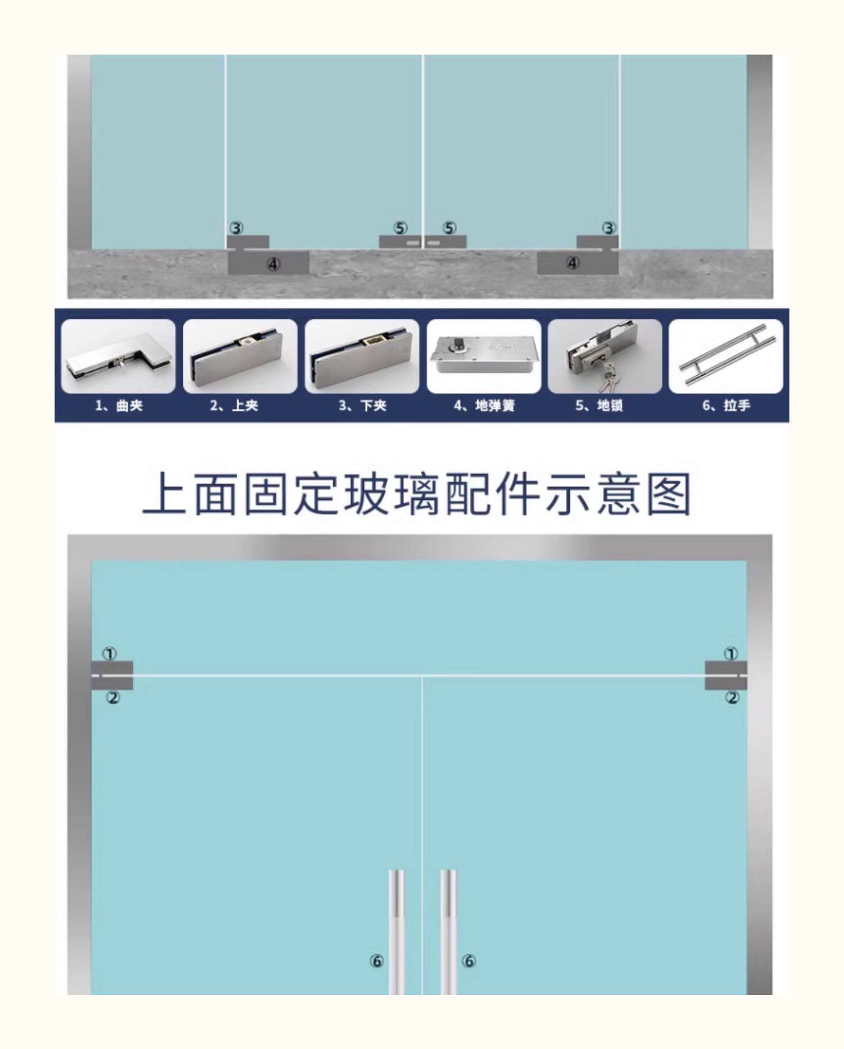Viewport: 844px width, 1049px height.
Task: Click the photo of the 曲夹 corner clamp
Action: (118, 356)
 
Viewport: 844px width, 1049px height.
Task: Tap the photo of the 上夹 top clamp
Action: (240, 356)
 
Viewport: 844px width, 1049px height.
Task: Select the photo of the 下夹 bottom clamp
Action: (362, 356)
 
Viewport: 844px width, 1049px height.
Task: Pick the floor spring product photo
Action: (484, 356)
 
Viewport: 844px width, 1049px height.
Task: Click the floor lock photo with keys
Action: (605, 356)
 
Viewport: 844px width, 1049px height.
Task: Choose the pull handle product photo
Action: (726, 356)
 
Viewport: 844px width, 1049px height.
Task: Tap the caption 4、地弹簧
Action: (484, 406)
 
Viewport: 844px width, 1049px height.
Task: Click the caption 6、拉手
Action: (726, 406)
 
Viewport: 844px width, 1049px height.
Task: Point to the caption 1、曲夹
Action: (119, 406)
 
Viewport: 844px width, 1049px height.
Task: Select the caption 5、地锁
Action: (599, 406)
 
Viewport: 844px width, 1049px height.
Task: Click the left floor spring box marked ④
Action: (269, 263)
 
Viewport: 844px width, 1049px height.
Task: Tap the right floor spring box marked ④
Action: (578, 263)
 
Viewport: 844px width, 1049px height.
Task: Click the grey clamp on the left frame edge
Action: (112, 675)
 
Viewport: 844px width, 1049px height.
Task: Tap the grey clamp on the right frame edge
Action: (726, 675)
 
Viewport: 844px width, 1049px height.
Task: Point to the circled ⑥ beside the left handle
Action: (376, 961)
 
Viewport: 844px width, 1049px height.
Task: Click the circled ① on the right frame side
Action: (730, 654)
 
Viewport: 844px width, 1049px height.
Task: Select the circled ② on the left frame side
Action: (113, 697)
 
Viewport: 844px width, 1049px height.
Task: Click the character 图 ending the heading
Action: (668, 495)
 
